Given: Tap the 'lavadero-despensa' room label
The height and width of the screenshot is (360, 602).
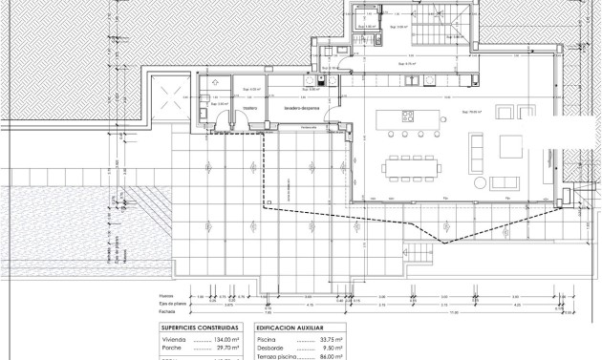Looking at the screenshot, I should [299, 108].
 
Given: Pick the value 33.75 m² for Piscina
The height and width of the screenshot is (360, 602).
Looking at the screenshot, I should [330, 338].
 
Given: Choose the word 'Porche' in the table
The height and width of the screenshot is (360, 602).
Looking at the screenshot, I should [174, 348].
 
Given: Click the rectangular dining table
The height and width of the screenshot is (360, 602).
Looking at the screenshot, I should [413, 165].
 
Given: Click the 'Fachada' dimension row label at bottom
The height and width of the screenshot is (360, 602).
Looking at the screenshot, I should [168, 310].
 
